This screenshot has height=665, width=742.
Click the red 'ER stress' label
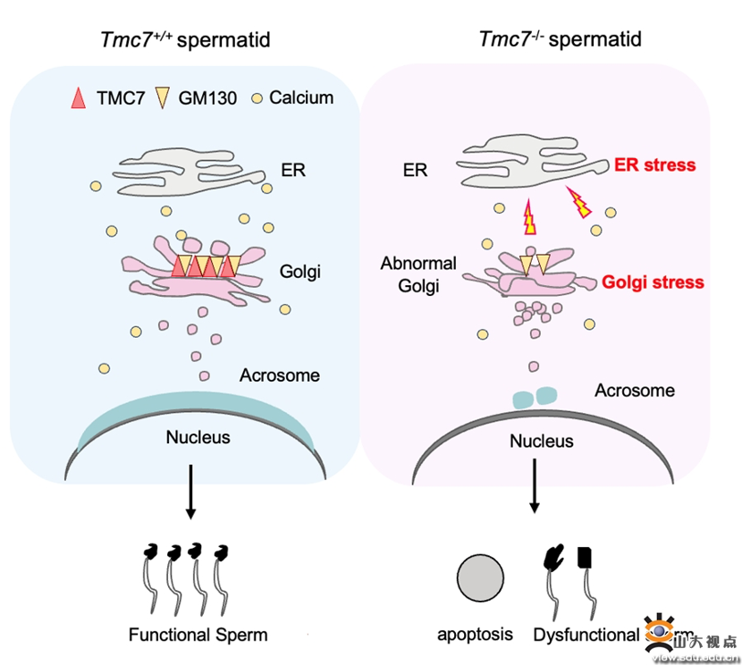point(654,165)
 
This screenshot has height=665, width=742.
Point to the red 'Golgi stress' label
point(653,282)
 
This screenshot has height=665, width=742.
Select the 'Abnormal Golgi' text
point(418,274)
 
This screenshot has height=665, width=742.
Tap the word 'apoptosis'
point(475,635)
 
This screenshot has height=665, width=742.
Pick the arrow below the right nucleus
point(535,487)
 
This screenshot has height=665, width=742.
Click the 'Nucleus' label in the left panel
point(198,437)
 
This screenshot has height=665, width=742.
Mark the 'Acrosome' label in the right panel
point(635,391)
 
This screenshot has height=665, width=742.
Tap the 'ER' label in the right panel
point(415,170)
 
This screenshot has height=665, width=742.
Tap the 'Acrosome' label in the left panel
point(280,375)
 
